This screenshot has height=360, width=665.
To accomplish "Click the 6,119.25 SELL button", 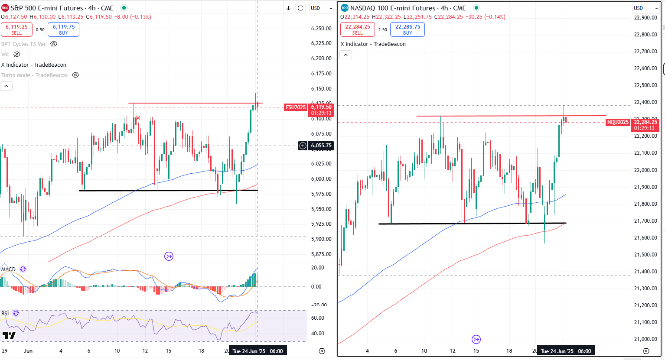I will [16, 29].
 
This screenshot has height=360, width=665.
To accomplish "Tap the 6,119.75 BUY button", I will [63, 29].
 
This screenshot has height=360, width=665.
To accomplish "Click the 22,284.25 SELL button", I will [358, 29].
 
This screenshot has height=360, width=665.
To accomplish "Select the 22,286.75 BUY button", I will [407, 29].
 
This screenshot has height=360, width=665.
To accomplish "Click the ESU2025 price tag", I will [296, 107].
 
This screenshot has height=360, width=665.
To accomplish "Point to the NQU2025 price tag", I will [618, 122].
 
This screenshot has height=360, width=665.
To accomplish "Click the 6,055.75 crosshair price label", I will [321, 146].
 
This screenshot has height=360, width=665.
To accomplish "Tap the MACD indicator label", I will [9, 269].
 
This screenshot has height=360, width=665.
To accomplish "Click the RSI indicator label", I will [5, 314].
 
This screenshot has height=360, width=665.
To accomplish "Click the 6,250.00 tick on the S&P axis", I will [321, 29].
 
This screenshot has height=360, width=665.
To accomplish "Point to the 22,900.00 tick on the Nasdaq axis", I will [645, 18].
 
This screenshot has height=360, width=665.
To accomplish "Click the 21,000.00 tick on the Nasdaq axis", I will [645, 339].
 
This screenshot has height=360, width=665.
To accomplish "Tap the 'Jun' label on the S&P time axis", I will [28, 351].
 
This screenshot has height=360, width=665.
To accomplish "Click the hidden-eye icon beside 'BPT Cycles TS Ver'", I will [54, 44].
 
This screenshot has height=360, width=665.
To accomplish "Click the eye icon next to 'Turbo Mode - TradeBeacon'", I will [75, 75].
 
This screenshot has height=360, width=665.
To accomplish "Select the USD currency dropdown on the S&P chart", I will [321, 8].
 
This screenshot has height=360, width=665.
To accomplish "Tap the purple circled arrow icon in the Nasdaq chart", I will [476, 339].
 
